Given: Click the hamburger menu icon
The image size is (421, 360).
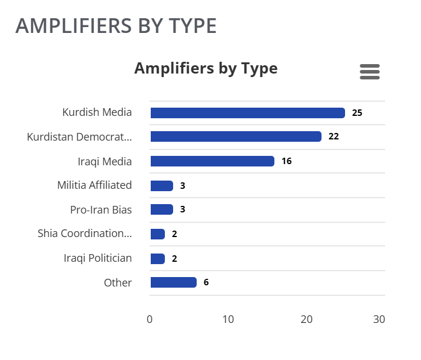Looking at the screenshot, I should (x=370, y=71).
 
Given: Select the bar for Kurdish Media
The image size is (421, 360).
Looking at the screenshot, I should (x=247, y=113).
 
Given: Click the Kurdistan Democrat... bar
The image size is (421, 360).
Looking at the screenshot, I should (x=236, y=136).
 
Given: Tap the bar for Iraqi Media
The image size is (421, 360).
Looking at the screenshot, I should (x=212, y=161).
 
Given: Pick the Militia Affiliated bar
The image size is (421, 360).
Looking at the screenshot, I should (x=161, y=186).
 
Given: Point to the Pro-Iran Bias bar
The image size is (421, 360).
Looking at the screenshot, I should (x=161, y=209).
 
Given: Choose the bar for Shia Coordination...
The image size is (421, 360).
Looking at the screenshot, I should (x=158, y=234).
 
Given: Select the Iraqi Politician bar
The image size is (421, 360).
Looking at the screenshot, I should (x=158, y=259).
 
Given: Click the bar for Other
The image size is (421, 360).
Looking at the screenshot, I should (x=173, y=282).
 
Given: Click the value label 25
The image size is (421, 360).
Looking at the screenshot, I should (x=357, y=113).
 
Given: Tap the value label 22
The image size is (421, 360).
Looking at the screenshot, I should (x=334, y=136).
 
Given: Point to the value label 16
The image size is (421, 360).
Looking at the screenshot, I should (x=287, y=161).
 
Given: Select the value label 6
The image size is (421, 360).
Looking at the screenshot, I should (x=206, y=282).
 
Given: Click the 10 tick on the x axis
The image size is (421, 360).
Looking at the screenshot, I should (x=228, y=319).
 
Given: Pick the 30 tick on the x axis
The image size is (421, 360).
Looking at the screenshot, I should (x=379, y=319).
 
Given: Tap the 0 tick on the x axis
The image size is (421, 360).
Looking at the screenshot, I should (x=150, y=319).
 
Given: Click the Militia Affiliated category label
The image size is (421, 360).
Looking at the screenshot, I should (x=94, y=185).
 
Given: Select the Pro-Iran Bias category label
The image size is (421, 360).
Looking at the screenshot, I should (x=101, y=209).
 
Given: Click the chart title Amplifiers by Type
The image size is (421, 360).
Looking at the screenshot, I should (x=205, y=68).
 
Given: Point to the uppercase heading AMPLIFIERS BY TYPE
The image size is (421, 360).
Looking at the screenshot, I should (x=116, y=26).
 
